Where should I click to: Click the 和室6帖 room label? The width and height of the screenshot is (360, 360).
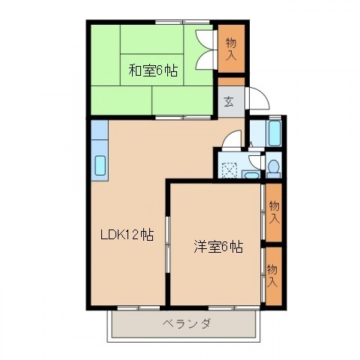pos(153,70)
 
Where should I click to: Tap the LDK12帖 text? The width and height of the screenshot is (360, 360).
pos(127,235)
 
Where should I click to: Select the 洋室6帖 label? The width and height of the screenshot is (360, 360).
pos(218,247)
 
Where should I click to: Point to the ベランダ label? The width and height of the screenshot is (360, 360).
pos(187,323)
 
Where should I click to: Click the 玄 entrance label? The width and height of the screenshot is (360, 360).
pos(229,101)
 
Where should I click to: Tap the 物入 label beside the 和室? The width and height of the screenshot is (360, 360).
pos(231,49)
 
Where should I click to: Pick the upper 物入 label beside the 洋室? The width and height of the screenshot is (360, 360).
pos(274,212)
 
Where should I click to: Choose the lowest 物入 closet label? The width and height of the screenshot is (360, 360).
pos(272,275)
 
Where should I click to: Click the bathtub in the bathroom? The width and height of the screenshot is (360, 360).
pos(274,133)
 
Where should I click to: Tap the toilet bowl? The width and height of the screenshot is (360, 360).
pos(274,166)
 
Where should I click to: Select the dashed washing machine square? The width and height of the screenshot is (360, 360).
pos(229,170)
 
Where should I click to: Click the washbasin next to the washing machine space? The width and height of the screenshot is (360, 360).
pos(250,175)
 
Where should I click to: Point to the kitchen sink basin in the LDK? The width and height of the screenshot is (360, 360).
pos(100,165)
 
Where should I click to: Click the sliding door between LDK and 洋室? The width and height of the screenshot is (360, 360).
pos(168,244)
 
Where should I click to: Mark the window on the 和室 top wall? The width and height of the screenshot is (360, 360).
pos(182,22)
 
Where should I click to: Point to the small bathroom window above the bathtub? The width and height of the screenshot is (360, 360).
pos(274,117)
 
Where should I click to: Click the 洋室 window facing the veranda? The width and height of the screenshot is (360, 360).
pos(234,307)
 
